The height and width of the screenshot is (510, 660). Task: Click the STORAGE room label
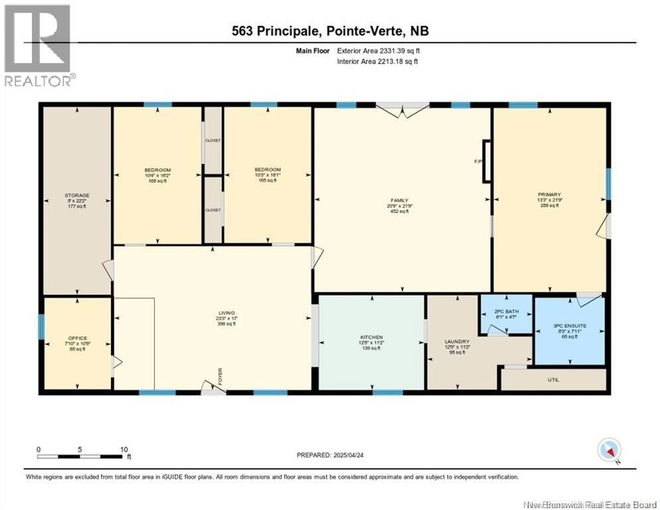(x=77, y=195)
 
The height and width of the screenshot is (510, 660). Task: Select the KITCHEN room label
(x=371, y=337)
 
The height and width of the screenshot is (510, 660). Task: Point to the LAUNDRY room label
(x=457, y=341)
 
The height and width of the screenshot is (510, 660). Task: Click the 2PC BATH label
(x=507, y=311)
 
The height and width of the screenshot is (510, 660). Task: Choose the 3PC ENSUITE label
(x=570, y=326)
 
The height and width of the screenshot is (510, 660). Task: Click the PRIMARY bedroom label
(x=549, y=194)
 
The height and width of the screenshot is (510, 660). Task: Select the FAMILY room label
(x=399, y=200)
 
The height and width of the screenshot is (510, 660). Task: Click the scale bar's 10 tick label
(x=124, y=449)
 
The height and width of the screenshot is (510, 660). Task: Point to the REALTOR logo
(x=38, y=45)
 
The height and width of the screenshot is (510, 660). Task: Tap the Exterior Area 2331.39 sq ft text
(x=378, y=51)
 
